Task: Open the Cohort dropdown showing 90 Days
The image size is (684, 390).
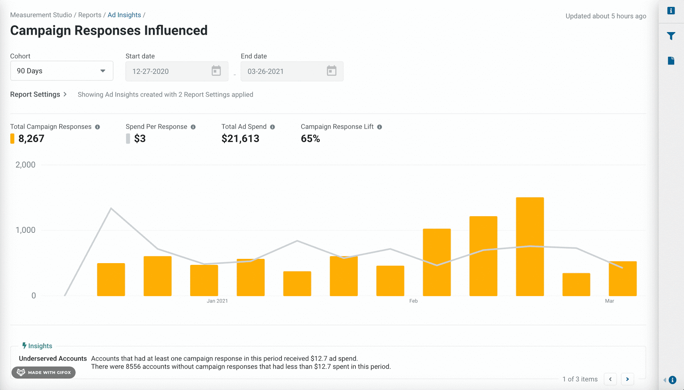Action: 62,71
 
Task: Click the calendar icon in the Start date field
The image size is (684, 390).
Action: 216,71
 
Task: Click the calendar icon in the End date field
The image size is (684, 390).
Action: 332,71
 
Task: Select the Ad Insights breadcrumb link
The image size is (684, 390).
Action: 124,15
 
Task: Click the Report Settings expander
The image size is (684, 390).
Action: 38,94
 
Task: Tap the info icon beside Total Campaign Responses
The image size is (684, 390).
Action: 97,127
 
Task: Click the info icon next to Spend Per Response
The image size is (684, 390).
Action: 193,127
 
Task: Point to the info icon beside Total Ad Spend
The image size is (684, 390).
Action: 272,127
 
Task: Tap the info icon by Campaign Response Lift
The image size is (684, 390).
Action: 379,127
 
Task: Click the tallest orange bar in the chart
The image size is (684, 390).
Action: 530,246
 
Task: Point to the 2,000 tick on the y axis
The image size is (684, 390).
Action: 25,165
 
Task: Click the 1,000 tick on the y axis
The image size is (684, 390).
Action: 25,230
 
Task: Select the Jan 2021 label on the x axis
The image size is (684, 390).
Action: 217,301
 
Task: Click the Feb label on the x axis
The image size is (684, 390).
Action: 413,301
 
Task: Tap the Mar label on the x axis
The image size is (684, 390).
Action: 610,301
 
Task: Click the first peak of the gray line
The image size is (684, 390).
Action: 111,208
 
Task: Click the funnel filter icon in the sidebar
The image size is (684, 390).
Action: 671,36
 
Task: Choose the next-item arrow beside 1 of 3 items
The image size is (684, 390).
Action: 628,379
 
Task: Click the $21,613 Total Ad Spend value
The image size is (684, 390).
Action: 240,139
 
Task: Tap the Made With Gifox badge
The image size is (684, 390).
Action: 43,372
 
